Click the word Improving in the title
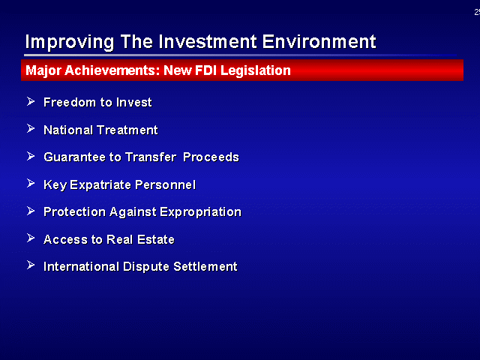tap(70, 42)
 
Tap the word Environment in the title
tap(319, 42)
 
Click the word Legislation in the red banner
tap(255, 71)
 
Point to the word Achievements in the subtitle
tap(112, 70)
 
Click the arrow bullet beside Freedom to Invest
tap(31, 101)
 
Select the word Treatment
tap(127, 130)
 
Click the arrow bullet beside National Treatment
tap(31, 128)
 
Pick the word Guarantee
tap(75, 157)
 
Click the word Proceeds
tap(211, 157)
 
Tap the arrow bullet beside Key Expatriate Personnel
tap(31, 183)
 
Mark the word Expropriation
tap(200, 212)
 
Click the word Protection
tap(74, 211)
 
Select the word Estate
tap(156, 239)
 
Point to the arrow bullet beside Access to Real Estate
tap(31, 238)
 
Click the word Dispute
tap(146, 267)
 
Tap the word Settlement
tap(205, 266)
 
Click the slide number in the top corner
tap(477, 12)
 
